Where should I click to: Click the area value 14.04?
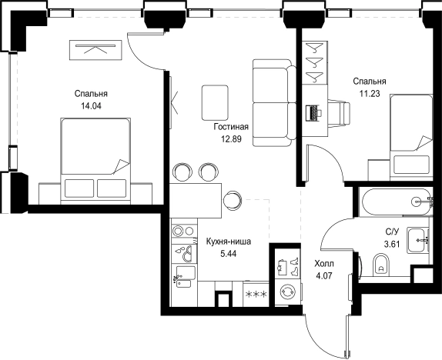pos(91,106)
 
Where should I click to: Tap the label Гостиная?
pos(231,127)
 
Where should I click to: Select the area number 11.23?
pos(370,94)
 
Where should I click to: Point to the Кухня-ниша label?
pos(229,242)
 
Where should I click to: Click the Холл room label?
pos(324,264)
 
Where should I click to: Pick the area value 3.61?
pos(392,244)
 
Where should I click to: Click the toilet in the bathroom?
pos(381,265)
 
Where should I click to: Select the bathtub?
pos(397,202)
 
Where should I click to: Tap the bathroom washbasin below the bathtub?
pos(419,240)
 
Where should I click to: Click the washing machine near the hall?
pos(288,292)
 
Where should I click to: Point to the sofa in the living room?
pos(274,102)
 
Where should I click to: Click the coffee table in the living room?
pos(215,103)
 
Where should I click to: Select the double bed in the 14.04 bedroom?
pos(95,161)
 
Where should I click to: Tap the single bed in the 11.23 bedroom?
pos(411,137)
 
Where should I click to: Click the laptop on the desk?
pos(313,113)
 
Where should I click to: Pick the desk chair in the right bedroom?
pos(339,113)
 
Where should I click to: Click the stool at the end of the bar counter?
pos(233,200)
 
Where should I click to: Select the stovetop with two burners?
pos(184,232)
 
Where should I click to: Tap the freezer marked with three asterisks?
pos(256,295)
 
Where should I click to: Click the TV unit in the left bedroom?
pos(95,50)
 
